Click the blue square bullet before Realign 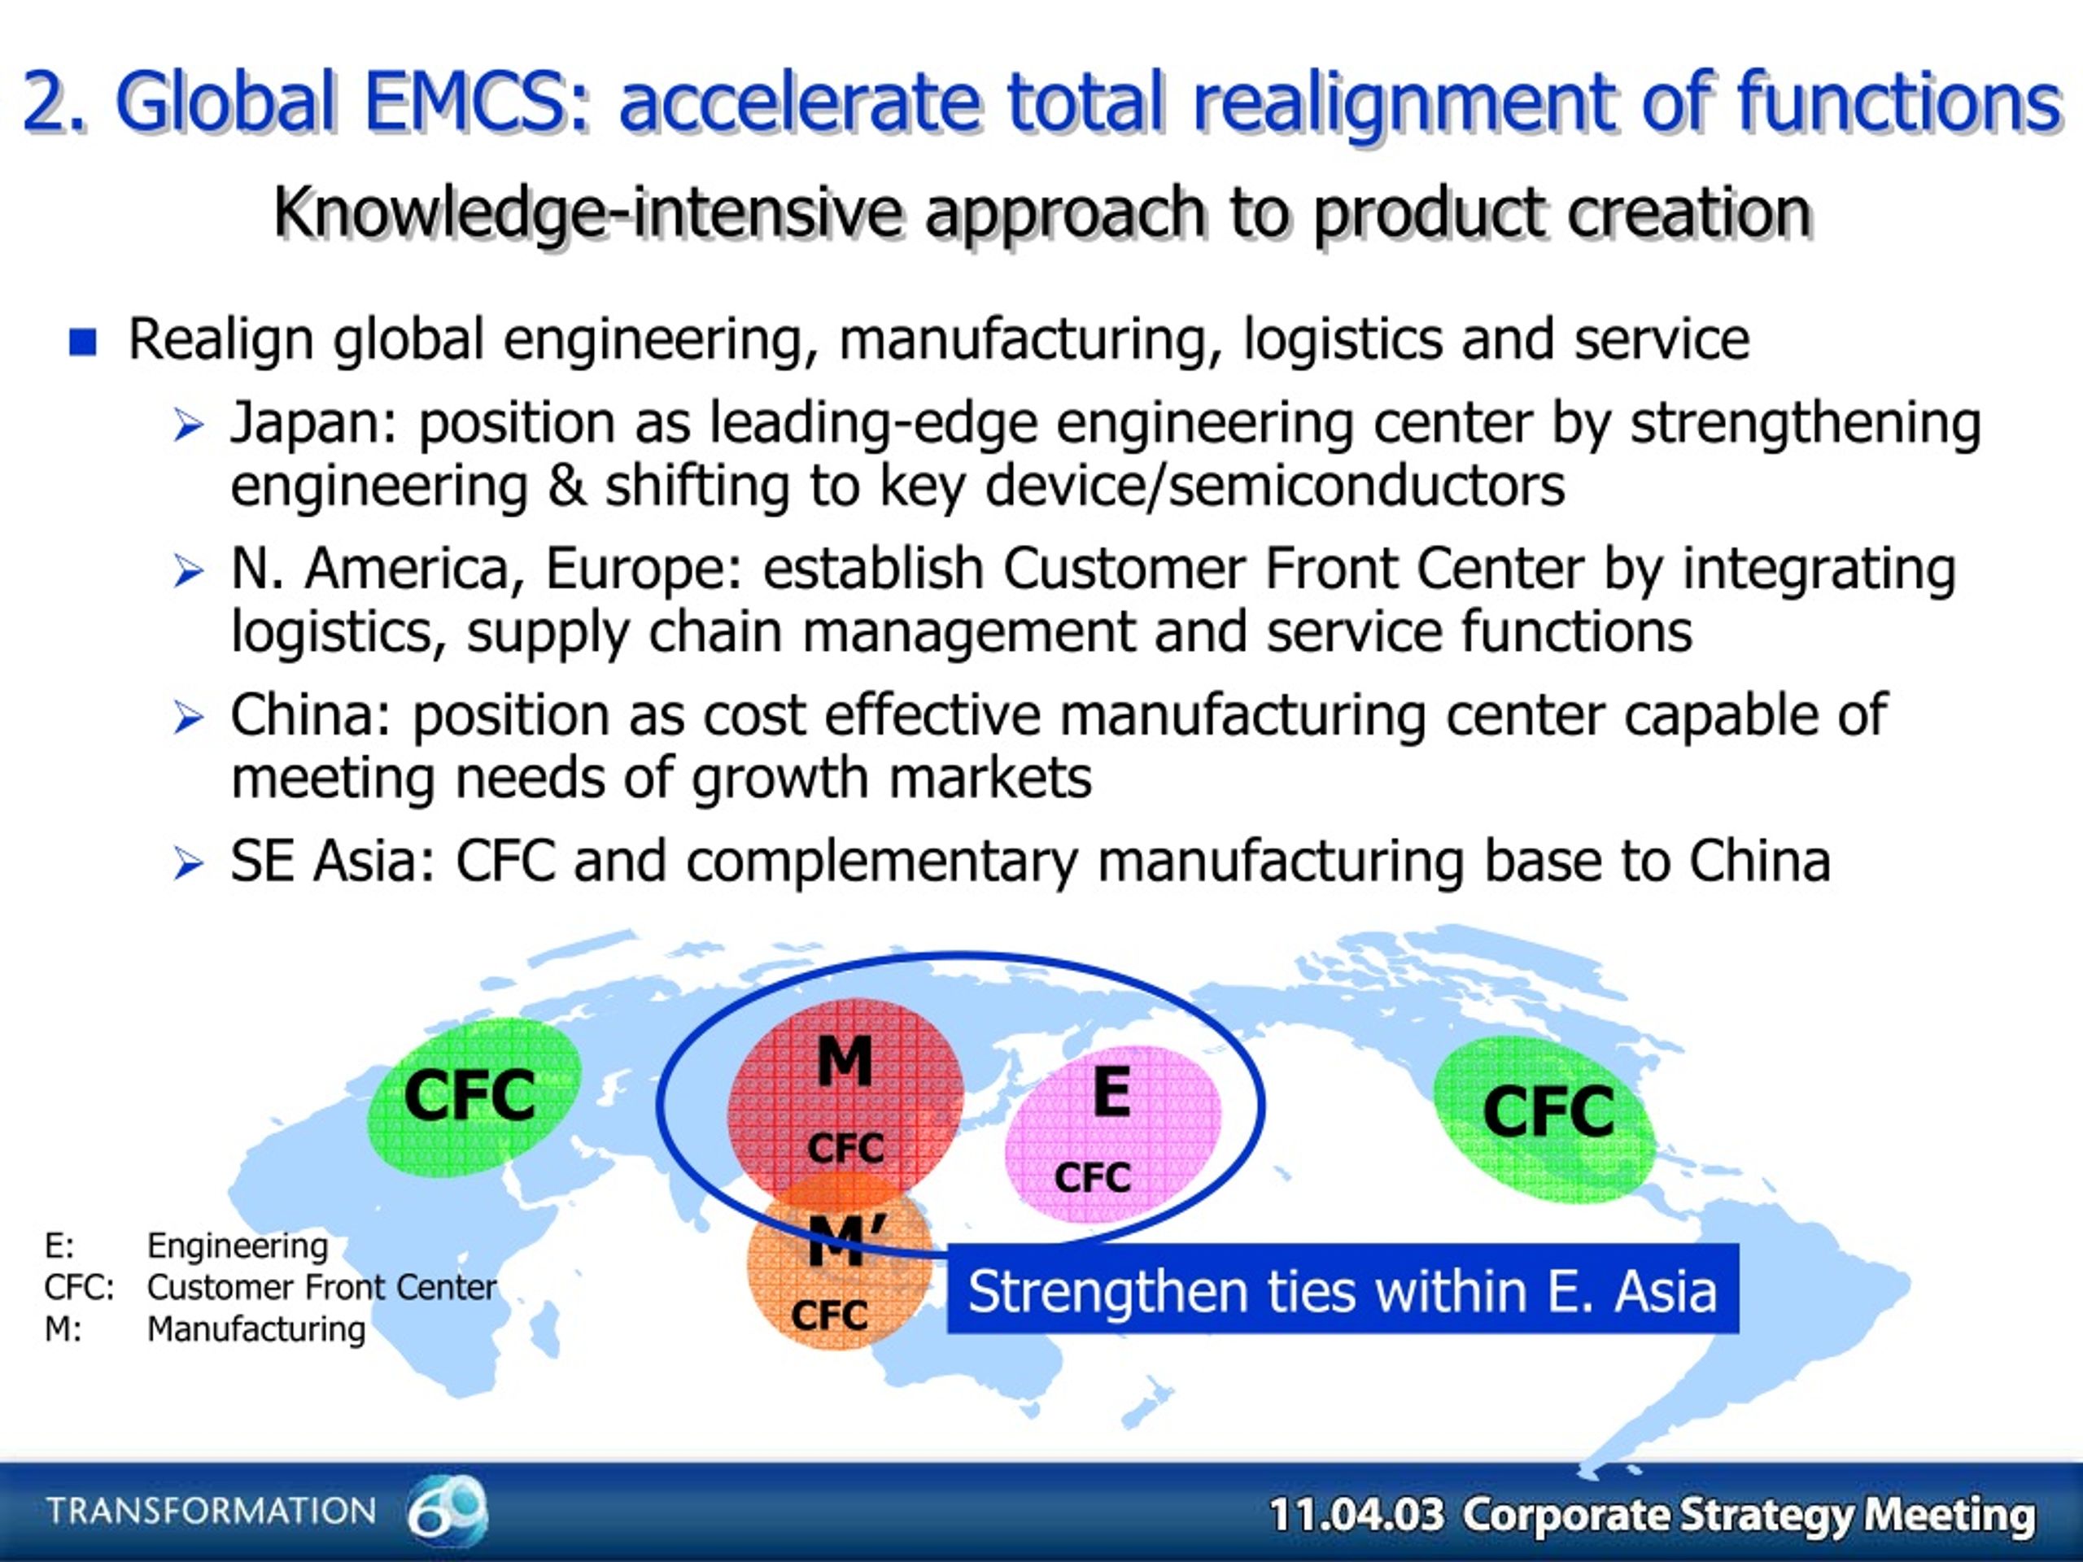pos(83,341)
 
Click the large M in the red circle pos(845,1061)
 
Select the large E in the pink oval pos(1112,1091)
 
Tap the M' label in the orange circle pos(848,1239)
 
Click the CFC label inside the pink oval pos(1092,1177)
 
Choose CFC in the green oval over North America pos(1548,1112)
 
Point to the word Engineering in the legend pos(238,1246)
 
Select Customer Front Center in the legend pos(321,1287)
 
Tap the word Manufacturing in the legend pos(256,1329)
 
